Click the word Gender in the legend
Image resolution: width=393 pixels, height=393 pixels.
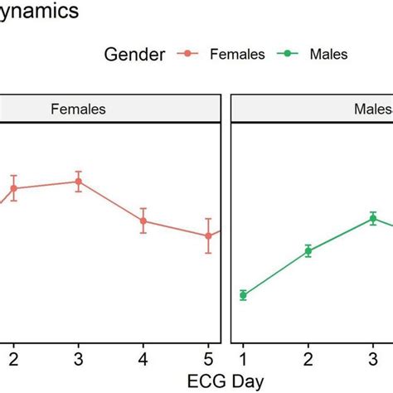click(x=134, y=54)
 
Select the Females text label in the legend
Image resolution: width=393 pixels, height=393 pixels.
click(x=236, y=54)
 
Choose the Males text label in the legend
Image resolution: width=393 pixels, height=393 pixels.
click(x=327, y=54)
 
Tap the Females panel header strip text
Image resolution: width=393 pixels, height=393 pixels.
click(x=78, y=108)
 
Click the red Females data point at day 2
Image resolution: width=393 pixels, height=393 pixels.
click(x=13, y=188)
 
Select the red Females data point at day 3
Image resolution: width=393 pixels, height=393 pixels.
click(x=78, y=182)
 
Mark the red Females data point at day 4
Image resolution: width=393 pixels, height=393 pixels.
click(x=143, y=221)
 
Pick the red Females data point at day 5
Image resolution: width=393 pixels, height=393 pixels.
click(x=208, y=235)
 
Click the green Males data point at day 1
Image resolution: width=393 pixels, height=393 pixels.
click(x=243, y=294)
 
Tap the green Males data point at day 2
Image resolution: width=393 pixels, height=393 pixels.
click(x=308, y=250)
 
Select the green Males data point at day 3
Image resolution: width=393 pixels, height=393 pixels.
click(x=373, y=219)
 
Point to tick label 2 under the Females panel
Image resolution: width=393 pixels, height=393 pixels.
click(x=13, y=358)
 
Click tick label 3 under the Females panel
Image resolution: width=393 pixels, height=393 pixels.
click(x=78, y=358)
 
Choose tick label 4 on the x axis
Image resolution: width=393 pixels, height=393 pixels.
click(x=143, y=358)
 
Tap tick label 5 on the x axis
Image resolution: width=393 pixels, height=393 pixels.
click(x=208, y=358)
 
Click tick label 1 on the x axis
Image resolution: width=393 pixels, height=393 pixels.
click(x=243, y=358)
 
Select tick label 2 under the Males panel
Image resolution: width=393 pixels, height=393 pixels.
click(x=308, y=358)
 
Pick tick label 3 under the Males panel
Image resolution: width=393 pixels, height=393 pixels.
click(x=373, y=358)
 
